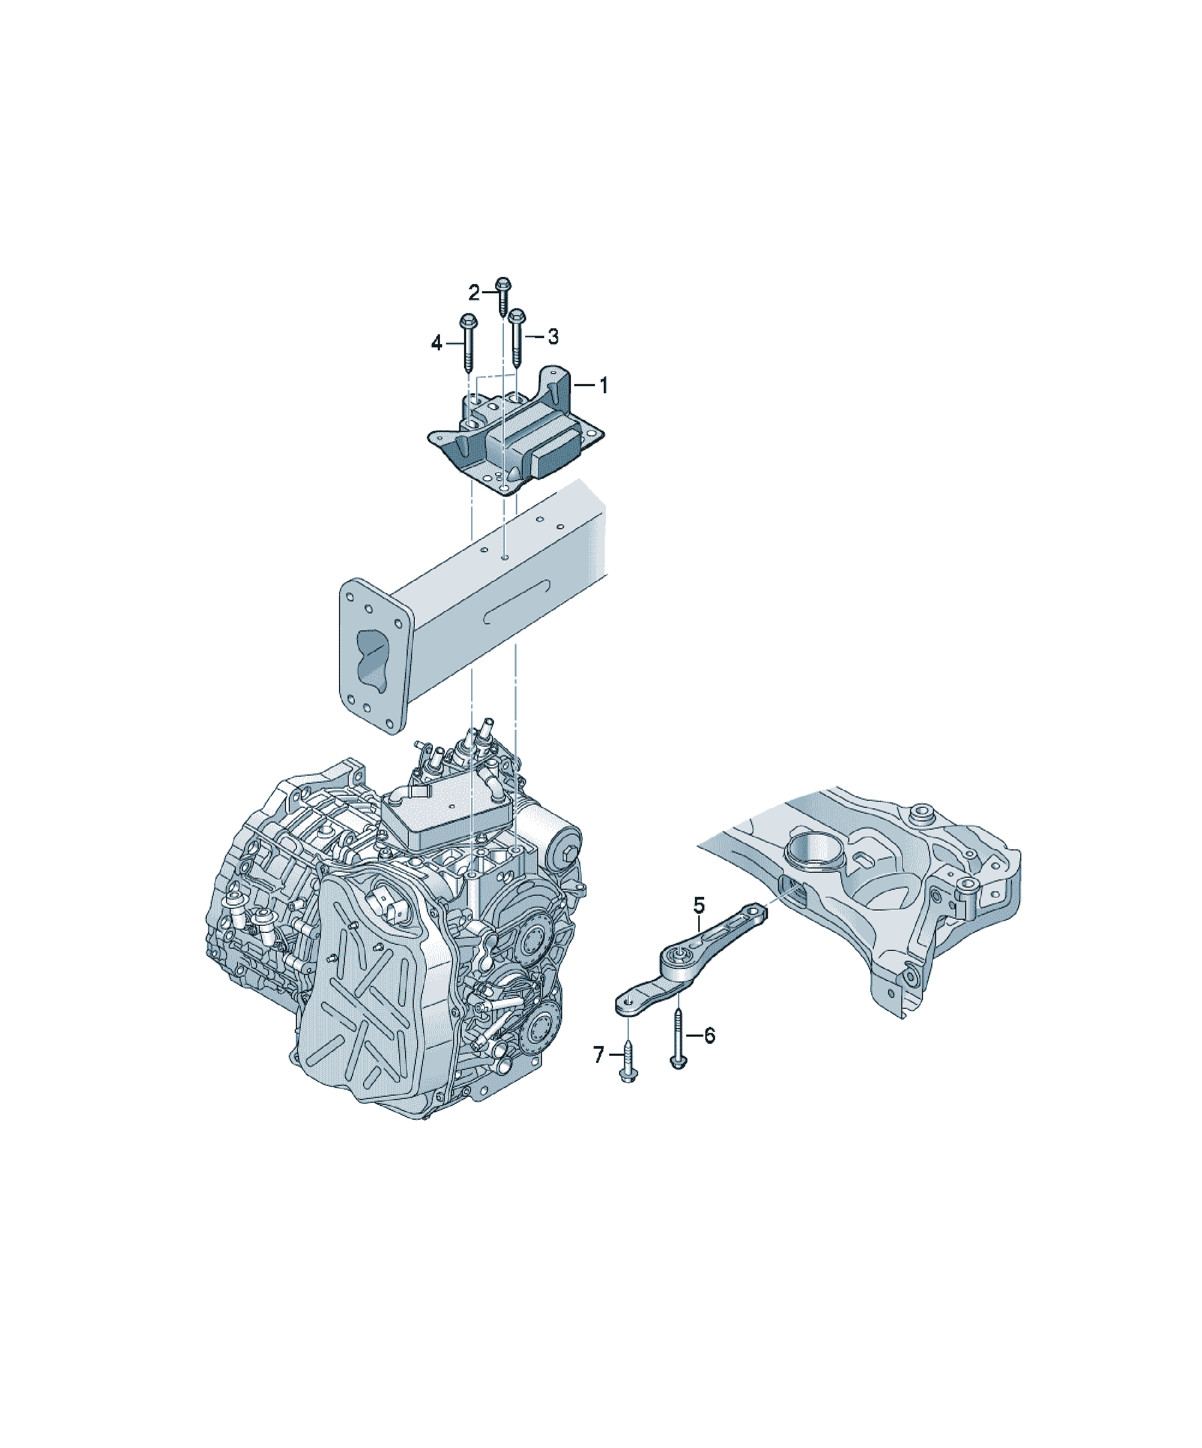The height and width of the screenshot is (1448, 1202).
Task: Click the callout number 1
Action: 603,386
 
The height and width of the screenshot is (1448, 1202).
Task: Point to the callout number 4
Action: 436,342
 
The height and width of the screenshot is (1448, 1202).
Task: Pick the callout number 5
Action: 699,906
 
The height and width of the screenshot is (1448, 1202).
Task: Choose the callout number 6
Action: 709,1035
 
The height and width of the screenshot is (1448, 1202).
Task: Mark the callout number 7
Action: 598,1054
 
